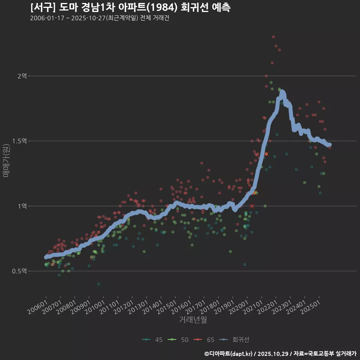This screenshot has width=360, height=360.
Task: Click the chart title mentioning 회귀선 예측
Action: (x=130, y=7)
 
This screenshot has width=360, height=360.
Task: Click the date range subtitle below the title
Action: (x=99, y=18)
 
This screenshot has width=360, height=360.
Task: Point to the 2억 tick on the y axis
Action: (x=22, y=76)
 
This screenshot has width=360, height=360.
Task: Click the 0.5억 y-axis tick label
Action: (x=19, y=271)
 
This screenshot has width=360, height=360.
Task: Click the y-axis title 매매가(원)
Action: (x=6, y=160)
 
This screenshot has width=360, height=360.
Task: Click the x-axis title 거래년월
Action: (x=193, y=319)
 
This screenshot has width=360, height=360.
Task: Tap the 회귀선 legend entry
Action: (x=235, y=340)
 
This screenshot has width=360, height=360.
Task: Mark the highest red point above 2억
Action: (x=273, y=37)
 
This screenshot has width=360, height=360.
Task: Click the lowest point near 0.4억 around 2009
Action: (x=99, y=284)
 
